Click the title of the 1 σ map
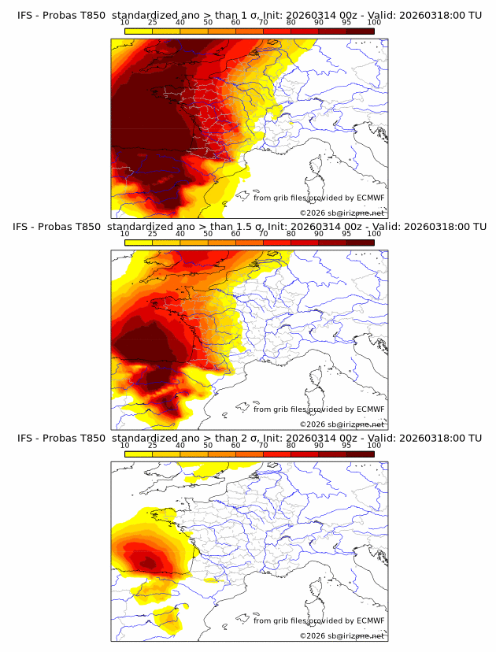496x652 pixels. point(248,15)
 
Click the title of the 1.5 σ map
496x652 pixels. point(248,226)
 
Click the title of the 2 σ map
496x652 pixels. point(248,438)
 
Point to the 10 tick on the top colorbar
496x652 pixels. point(124,23)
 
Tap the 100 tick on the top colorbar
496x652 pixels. point(374,23)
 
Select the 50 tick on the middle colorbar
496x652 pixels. point(208,234)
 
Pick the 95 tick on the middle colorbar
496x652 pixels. point(346,234)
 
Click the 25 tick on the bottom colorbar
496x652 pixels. point(152,446)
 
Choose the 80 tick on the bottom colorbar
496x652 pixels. point(291,446)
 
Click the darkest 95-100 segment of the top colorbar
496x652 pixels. point(360,31)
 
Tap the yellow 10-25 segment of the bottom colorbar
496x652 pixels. point(139,454)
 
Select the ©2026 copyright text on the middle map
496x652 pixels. point(342,424)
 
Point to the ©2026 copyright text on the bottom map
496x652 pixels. point(342,635)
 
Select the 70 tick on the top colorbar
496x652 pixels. point(263,23)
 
